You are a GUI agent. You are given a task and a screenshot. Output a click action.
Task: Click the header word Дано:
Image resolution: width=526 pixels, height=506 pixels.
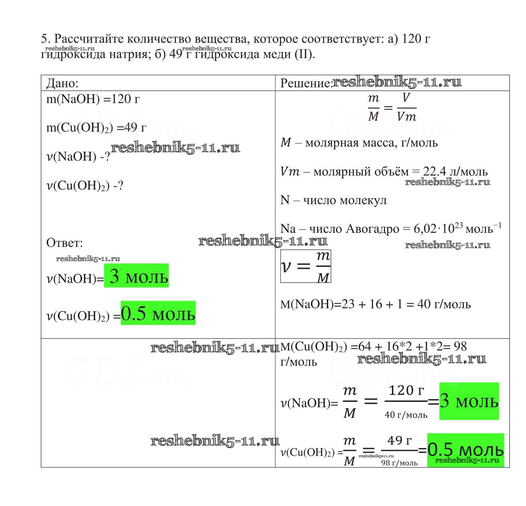(x=62, y=83)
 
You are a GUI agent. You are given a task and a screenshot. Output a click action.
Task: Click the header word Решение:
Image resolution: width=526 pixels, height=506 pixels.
(x=306, y=83)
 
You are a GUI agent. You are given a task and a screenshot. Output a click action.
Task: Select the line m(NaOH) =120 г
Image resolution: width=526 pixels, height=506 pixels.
(x=93, y=99)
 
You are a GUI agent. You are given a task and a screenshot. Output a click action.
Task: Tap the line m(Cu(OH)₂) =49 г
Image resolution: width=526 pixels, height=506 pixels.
(x=96, y=128)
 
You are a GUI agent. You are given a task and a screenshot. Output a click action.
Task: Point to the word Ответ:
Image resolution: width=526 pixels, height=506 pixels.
(x=65, y=243)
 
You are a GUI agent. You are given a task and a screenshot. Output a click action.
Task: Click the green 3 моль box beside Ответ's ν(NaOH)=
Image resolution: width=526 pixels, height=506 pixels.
(x=136, y=275)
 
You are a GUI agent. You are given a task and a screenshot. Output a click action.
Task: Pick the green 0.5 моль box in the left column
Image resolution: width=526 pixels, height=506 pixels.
(x=158, y=313)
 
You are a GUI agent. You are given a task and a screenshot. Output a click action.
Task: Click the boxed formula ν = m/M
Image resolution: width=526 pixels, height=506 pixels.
(x=306, y=266)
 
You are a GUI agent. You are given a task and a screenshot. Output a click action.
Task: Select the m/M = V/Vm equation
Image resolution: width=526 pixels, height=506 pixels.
(x=392, y=108)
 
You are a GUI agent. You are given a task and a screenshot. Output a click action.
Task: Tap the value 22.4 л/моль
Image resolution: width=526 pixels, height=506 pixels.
(x=455, y=171)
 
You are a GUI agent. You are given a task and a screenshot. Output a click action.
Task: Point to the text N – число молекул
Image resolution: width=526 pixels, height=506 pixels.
(x=333, y=200)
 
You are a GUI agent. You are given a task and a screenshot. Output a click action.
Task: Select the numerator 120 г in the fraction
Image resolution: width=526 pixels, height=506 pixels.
(x=406, y=390)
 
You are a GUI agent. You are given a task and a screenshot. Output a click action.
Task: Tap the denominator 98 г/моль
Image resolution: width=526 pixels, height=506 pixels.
(x=399, y=463)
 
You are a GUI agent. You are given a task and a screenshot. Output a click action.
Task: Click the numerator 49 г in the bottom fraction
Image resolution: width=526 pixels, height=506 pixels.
(x=399, y=440)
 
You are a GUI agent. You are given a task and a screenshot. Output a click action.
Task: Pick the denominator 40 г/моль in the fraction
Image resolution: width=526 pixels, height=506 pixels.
(x=406, y=415)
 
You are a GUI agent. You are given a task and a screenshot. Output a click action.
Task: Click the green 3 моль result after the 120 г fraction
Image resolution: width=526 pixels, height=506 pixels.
(x=469, y=401)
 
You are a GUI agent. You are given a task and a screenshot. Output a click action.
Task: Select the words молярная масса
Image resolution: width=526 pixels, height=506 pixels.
(x=349, y=143)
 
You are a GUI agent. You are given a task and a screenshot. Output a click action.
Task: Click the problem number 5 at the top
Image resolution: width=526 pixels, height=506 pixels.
(x=44, y=39)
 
